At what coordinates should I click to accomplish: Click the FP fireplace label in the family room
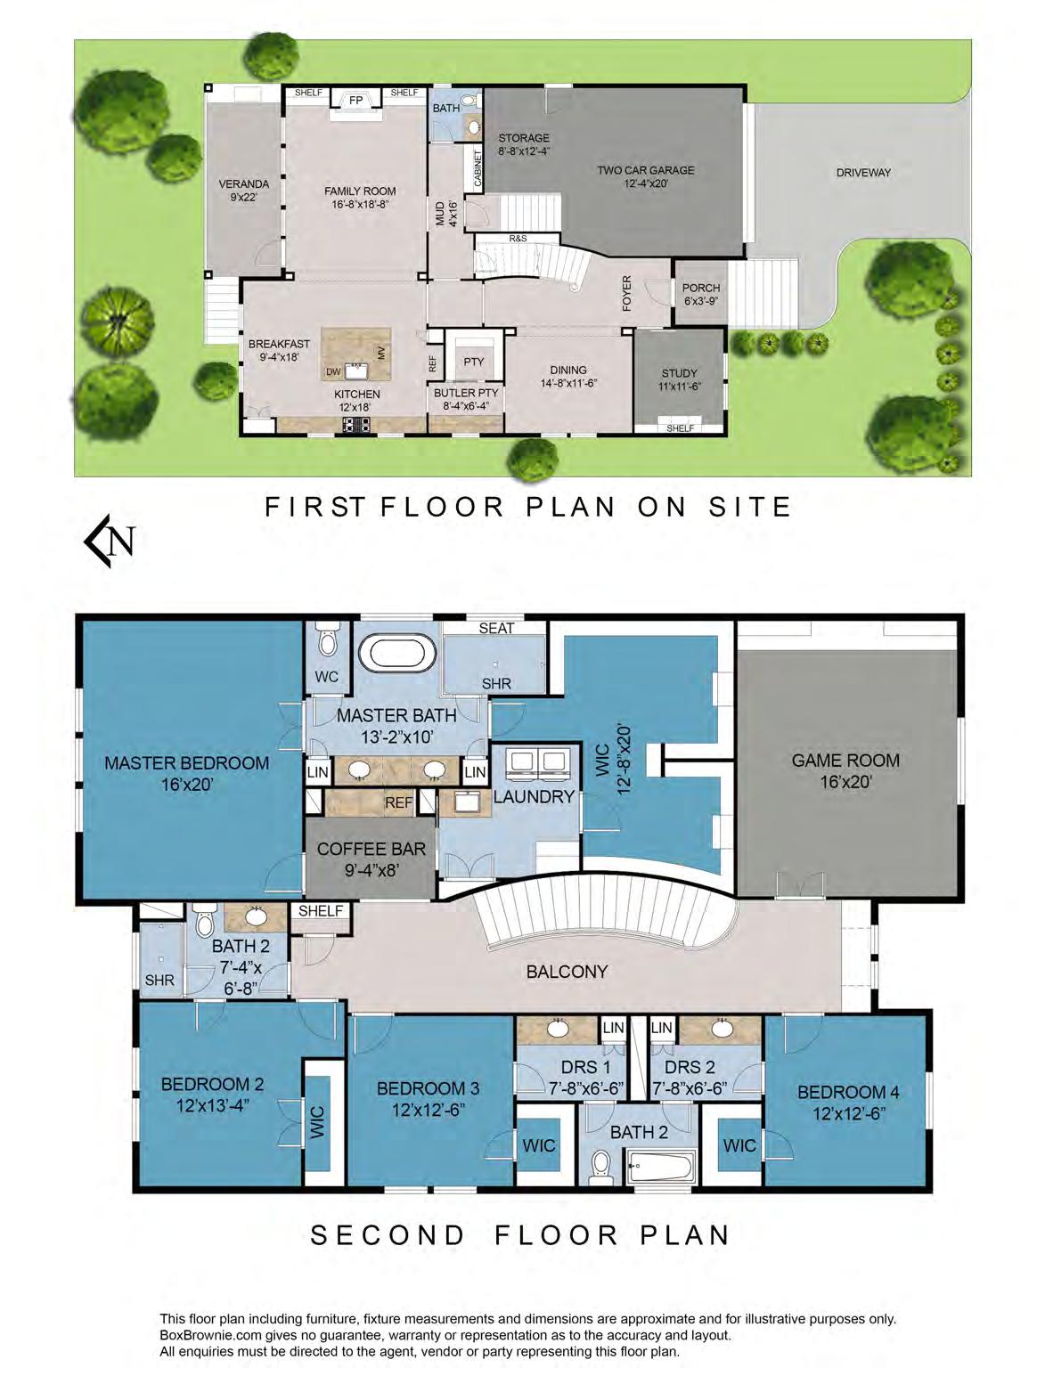tap(355, 101)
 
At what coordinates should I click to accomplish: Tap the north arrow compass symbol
tap(110, 541)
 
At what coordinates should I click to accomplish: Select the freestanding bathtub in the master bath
tap(397, 653)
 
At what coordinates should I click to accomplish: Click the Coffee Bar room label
tap(371, 850)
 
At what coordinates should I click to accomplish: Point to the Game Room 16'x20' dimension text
tap(845, 782)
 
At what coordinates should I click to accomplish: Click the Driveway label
tap(863, 172)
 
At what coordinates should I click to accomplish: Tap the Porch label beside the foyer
tap(700, 288)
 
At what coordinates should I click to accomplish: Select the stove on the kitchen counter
tap(356, 424)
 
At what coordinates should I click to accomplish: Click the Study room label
tap(679, 372)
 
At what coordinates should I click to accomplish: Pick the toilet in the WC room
tap(327, 640)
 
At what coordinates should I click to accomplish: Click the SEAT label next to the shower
tap(496, 628)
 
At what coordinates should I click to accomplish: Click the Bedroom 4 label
tap(848, 1091)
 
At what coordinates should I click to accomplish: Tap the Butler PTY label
tap(466, 392)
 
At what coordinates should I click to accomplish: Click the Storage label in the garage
tap(524, 137)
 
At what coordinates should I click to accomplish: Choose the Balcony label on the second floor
tap(567, 971)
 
